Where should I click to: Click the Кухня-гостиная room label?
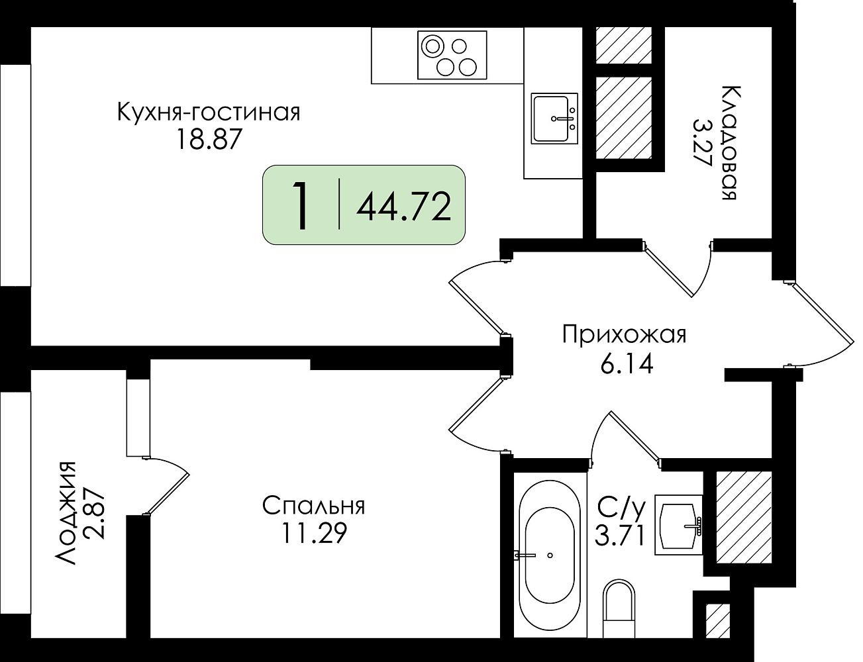(x=209, y=112)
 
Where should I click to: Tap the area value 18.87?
(x=209, y=139)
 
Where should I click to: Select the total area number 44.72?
(x=404, y=207)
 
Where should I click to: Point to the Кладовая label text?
(x=729, y=142)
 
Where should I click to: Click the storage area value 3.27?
(x=701, y=143)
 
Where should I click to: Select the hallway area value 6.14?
(x=627, y=365)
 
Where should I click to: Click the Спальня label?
(x=313, y=506)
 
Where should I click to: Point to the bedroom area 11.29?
(x=314, y=533)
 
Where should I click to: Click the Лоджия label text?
(x=65, y=513)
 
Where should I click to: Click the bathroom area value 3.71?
(x=619, y=536)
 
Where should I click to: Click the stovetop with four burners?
(x=452, y=55)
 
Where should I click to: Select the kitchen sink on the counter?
(x=554, y=118)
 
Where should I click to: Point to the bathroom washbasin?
(x=678, y=526)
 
